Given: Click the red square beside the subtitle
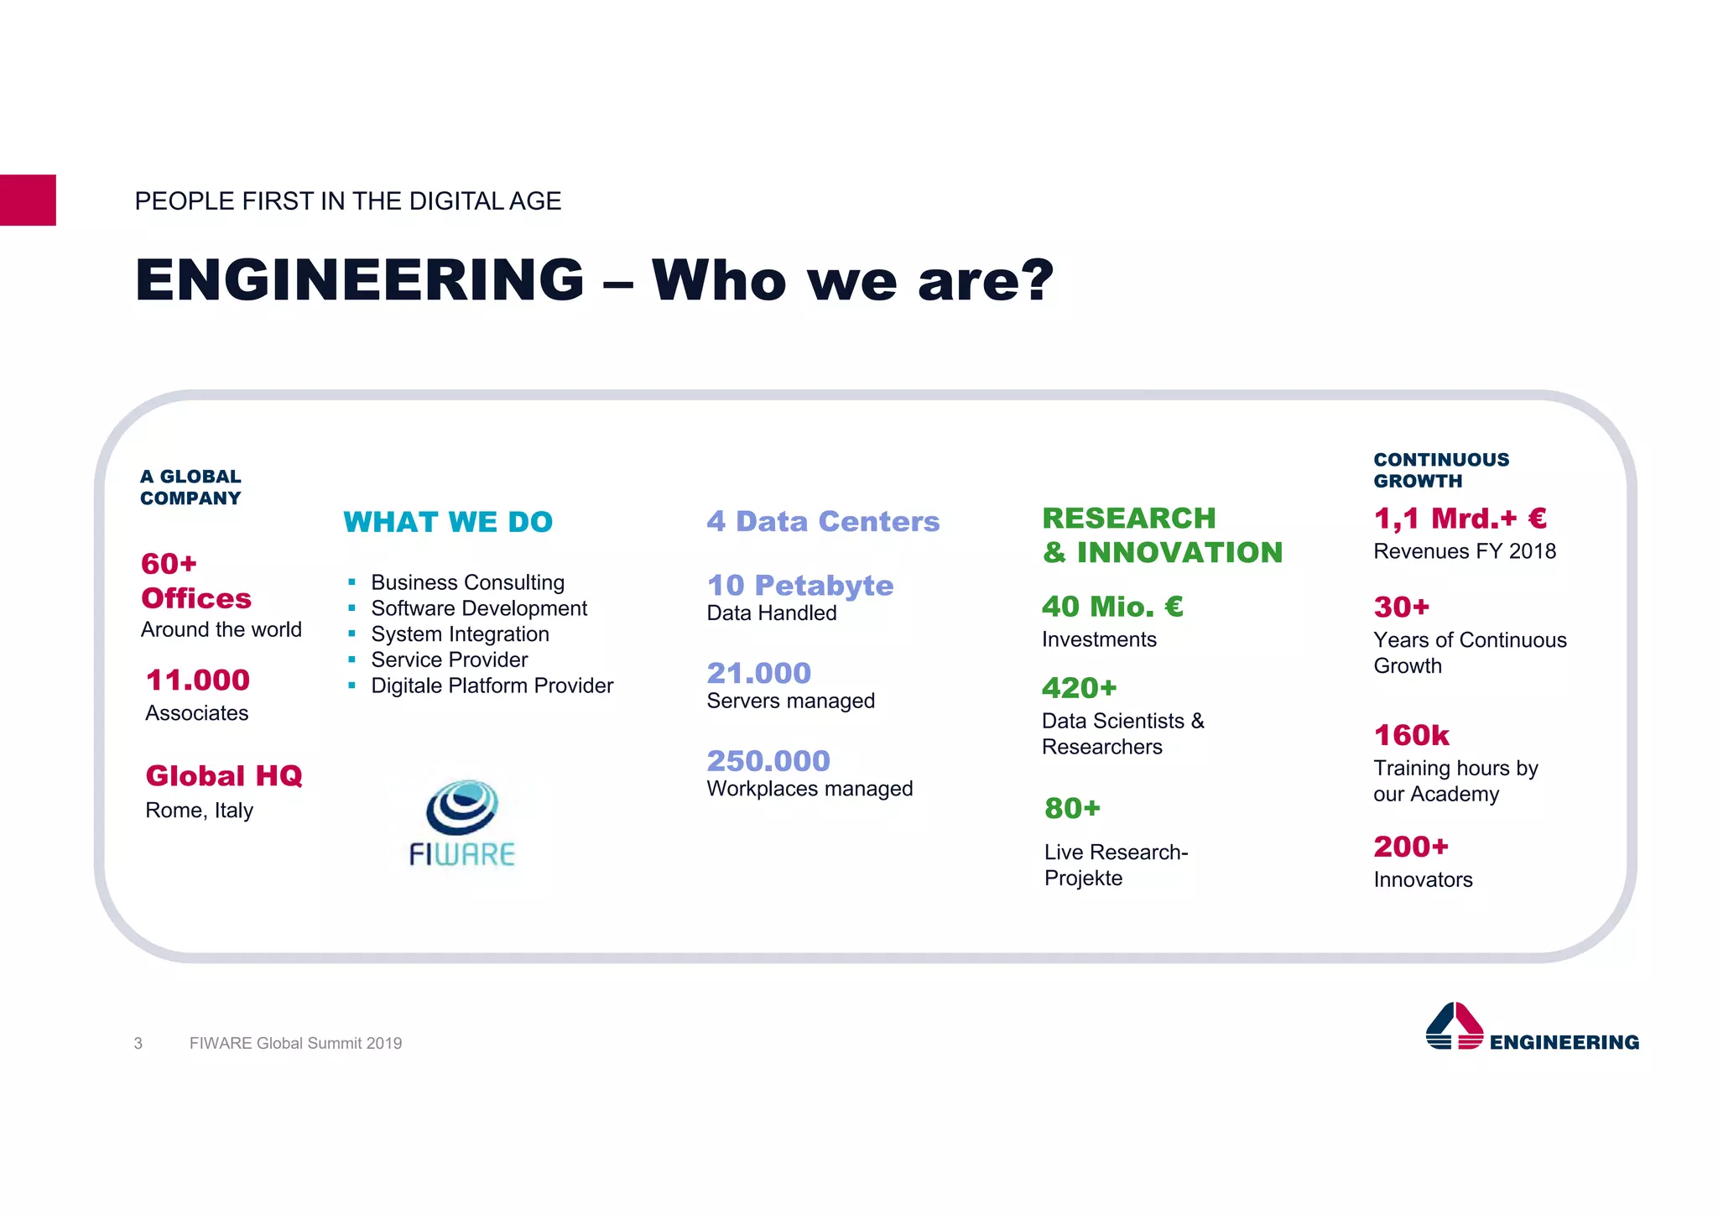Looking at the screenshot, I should click(x=28, y=200).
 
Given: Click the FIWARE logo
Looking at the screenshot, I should click(x=462, y=822).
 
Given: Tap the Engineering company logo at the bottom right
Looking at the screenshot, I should click(x=1532, y=1028).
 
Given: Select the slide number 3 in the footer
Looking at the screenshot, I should click(x=138, y=1043).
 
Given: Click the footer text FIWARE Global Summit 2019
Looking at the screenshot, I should click(x=295, y=1043).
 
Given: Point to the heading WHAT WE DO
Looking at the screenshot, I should click(x=448, y=522).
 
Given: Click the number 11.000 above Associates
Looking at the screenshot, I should click(x=198, y=680).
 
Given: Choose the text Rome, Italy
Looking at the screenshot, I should click(x=199, y=811).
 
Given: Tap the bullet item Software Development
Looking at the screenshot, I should click(x=479, y=608).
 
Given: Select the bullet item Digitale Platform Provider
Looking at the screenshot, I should click(x=492, y=686).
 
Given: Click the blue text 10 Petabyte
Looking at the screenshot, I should click(x=800, y=585).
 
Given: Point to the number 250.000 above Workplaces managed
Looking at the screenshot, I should click(x=768, y=760).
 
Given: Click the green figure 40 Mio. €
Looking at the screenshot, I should click(x=1112, y=606).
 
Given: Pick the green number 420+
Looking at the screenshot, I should click(x=1079, y=688).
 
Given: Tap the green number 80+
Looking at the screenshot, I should click(x=1072, y=808).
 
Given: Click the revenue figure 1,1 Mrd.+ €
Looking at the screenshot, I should click(x=1460, y=518).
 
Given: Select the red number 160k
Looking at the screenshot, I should click(x=1412, y=735).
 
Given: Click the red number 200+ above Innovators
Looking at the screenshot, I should click(x=1411, y=847).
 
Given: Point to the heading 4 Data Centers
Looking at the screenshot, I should click(x=823, y=521).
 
